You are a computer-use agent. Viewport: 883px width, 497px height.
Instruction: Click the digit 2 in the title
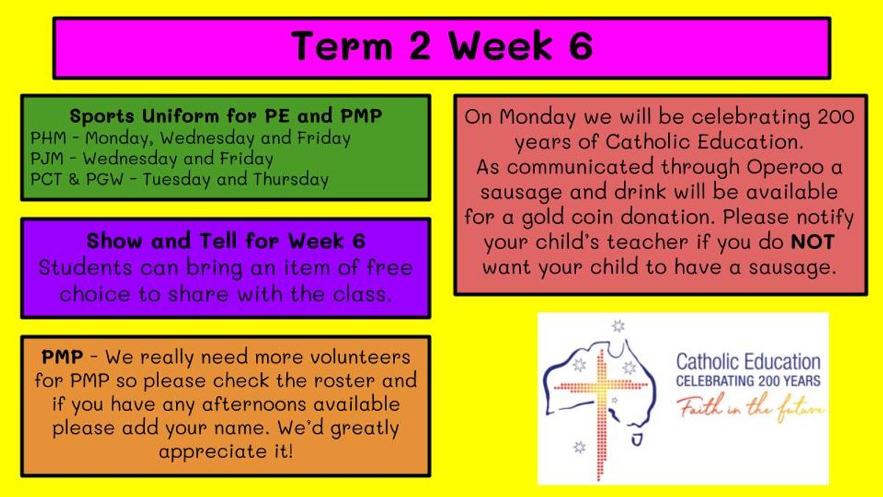[x=419, y=46]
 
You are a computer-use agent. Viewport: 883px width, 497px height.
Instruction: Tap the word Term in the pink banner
[x=341, y=46]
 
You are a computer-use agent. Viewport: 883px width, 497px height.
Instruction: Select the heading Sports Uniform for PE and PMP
[x=226, y=116]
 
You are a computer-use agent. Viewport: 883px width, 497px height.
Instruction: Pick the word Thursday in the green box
[x=291, y=180]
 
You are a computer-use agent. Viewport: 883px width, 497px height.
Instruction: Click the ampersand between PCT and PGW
[x=74, y=180]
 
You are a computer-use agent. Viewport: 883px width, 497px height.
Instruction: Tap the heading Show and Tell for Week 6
[x=226, y=241]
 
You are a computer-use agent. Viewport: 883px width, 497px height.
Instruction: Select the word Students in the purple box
[x=85, y=268]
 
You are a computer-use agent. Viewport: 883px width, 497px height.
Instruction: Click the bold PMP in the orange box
[x=63, y=357]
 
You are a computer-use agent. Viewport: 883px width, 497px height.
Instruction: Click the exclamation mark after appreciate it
[x=291, y=451]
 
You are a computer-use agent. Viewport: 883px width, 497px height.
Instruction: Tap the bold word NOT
[x=812, y=242]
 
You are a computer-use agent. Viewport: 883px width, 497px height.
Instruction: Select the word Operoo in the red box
[x=785, y=167]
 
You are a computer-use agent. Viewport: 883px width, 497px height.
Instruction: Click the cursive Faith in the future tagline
[x=751, y=408]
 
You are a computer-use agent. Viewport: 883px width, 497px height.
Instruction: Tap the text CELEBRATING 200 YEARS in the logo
[x=748, y=381]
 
